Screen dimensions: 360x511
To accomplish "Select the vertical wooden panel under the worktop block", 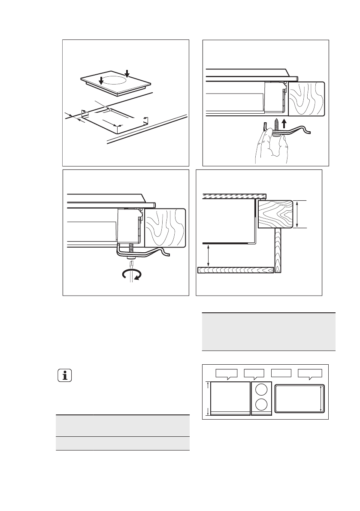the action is [x=277, y=251].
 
